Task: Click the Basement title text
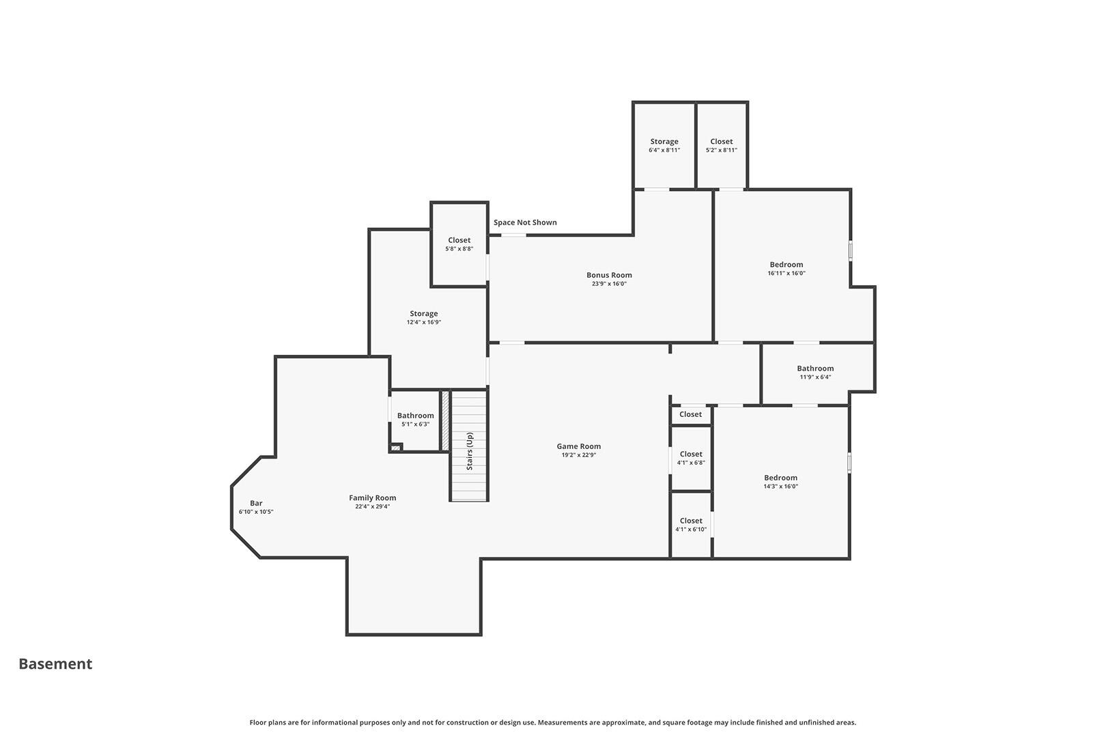[55, 664]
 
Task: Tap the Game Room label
[579, 446]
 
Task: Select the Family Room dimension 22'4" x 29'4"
[372, 506]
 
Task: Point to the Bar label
[256, 503]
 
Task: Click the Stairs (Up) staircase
[469, 446]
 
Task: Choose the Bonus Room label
[609, 275]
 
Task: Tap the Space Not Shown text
[525, 222]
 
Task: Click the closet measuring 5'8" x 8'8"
[459, 244]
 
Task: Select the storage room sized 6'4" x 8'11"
[664, 145]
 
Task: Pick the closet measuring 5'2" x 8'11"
[722, 145]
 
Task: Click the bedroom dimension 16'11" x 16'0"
[786, 273]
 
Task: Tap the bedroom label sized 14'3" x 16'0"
[780, 478]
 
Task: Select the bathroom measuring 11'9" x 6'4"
[815, 373]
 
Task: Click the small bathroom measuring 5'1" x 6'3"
[415, 420]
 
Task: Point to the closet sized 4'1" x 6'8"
[691, 458]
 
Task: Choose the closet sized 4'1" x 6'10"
[691, 525]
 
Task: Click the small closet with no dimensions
[691, 415]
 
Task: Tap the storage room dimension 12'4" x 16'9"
[424, 322]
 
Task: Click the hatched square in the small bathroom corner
[396, 448]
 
